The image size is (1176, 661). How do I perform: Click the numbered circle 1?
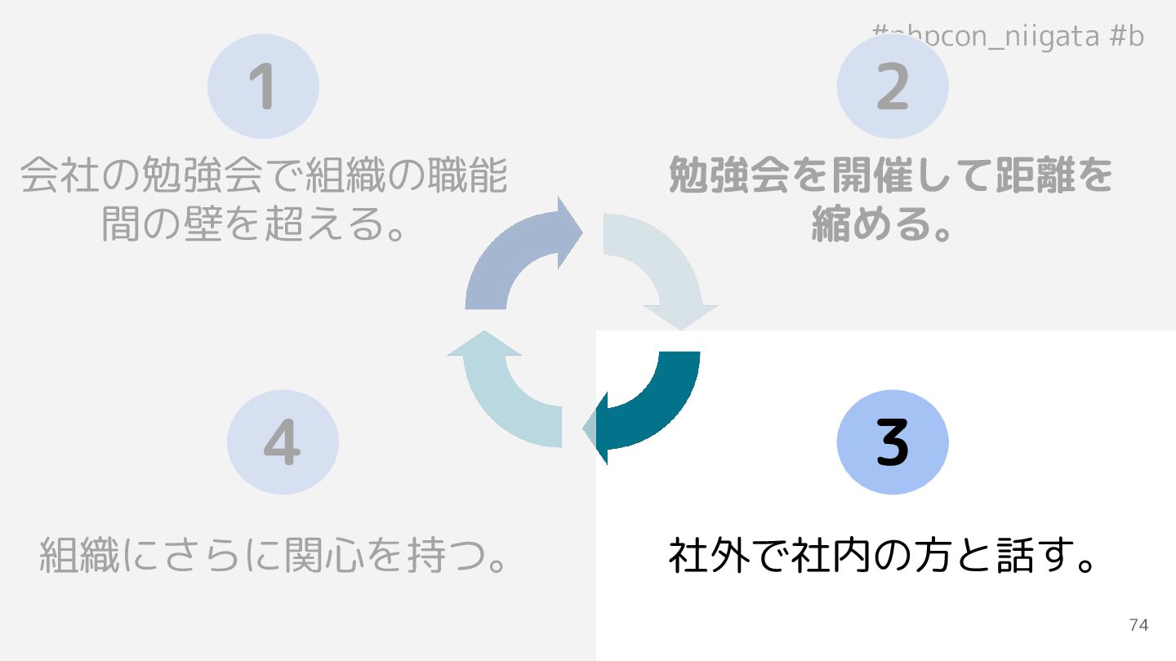pyautogui.click(x=263, y=86)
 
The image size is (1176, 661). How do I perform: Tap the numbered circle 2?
pyautogui.click(x=893, y=86)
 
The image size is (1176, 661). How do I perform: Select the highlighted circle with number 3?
pyautogui.click(x=893, y=441)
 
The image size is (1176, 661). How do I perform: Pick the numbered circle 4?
pyautogui.click(x=283, y=441)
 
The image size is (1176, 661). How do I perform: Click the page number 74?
pyautogui.click(x=1138, y=625)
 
